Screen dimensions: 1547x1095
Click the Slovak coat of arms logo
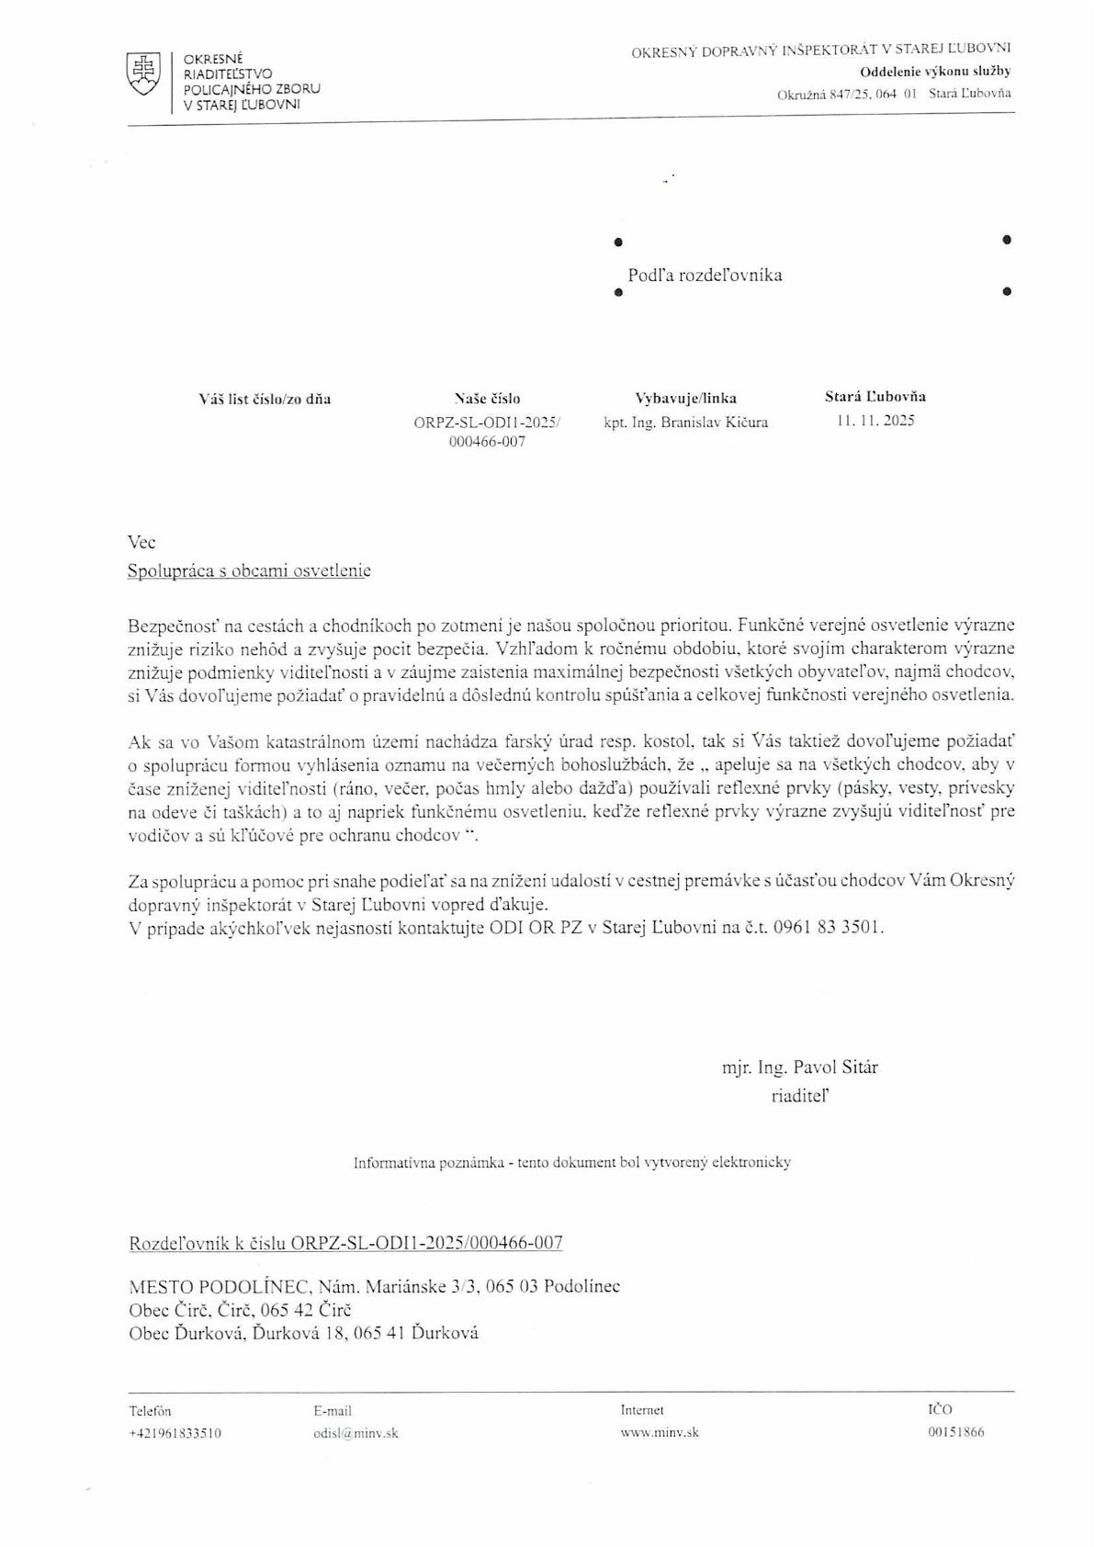(141, 73)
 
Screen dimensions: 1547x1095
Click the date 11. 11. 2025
(875, 422)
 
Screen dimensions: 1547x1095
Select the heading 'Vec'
(142, 542)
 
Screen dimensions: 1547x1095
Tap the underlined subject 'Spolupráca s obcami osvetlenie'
(249, 570)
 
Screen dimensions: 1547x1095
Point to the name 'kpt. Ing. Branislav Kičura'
(685, 423)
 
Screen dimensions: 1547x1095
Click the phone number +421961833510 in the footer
(175, 1432)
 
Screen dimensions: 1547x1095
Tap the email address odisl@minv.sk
(356, 1432)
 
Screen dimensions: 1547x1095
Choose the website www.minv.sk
(660, 1432)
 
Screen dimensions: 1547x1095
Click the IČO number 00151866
(955, 1432)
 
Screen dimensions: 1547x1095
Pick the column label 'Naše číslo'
(486, 399)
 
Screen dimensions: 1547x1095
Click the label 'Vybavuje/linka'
(685, 399)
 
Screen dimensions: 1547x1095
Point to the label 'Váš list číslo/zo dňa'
(265, 399)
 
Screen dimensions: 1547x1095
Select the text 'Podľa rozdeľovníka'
(705, 275)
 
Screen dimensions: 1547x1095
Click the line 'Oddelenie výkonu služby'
(935, 72)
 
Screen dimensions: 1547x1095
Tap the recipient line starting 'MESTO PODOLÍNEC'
(374, 1285)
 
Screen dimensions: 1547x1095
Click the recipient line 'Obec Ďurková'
(303, 1333)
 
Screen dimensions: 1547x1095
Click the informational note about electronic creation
(572, 1162)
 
